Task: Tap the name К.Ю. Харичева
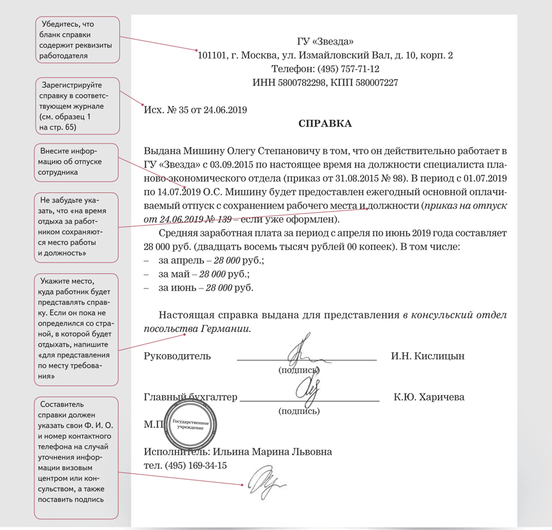429,397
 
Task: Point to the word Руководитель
178,355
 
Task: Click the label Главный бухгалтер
191,397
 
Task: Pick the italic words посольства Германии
198,329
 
